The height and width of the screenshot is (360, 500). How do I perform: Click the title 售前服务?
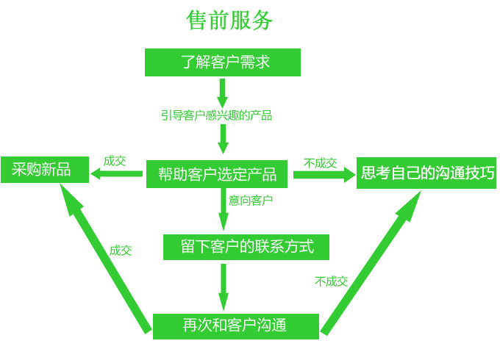230,21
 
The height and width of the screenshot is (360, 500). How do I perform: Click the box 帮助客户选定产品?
218,174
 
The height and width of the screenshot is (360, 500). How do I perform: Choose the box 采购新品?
42,170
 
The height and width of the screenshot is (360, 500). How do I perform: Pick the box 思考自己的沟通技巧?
426,173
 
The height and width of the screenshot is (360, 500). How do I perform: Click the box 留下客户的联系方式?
246,247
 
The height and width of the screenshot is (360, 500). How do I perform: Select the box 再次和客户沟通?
235,325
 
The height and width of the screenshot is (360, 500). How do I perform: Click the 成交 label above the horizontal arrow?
115,161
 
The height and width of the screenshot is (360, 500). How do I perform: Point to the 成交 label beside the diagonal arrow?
121,251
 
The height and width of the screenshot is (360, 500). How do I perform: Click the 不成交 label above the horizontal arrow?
320,162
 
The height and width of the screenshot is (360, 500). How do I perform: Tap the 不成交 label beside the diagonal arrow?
331,281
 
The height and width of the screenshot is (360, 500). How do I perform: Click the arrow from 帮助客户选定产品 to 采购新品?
116,174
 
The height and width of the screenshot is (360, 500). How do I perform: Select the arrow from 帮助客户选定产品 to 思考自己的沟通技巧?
324,175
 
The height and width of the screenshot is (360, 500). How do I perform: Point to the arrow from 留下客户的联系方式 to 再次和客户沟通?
224,287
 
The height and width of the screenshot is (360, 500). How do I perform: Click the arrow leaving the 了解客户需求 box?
223,91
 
